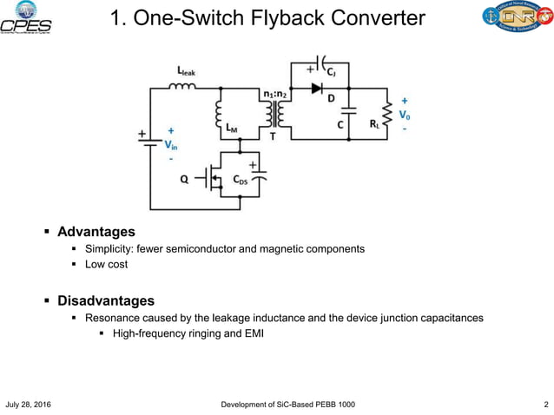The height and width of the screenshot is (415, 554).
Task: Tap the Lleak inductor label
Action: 185,70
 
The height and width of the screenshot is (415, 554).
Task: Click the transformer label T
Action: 274,135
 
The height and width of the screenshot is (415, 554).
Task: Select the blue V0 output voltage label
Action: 404,114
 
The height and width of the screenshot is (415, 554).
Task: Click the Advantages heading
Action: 96,232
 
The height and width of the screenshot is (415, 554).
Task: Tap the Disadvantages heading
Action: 106,301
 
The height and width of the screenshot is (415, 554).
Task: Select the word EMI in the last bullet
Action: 249,334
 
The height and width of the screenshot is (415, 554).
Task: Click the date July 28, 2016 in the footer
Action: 29,405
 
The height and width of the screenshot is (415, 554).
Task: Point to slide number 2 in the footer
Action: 544,405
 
